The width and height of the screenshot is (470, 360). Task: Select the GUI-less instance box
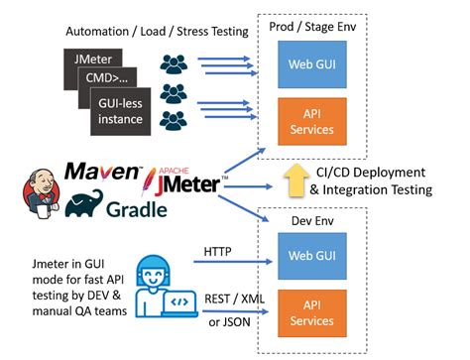pos(127,108)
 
